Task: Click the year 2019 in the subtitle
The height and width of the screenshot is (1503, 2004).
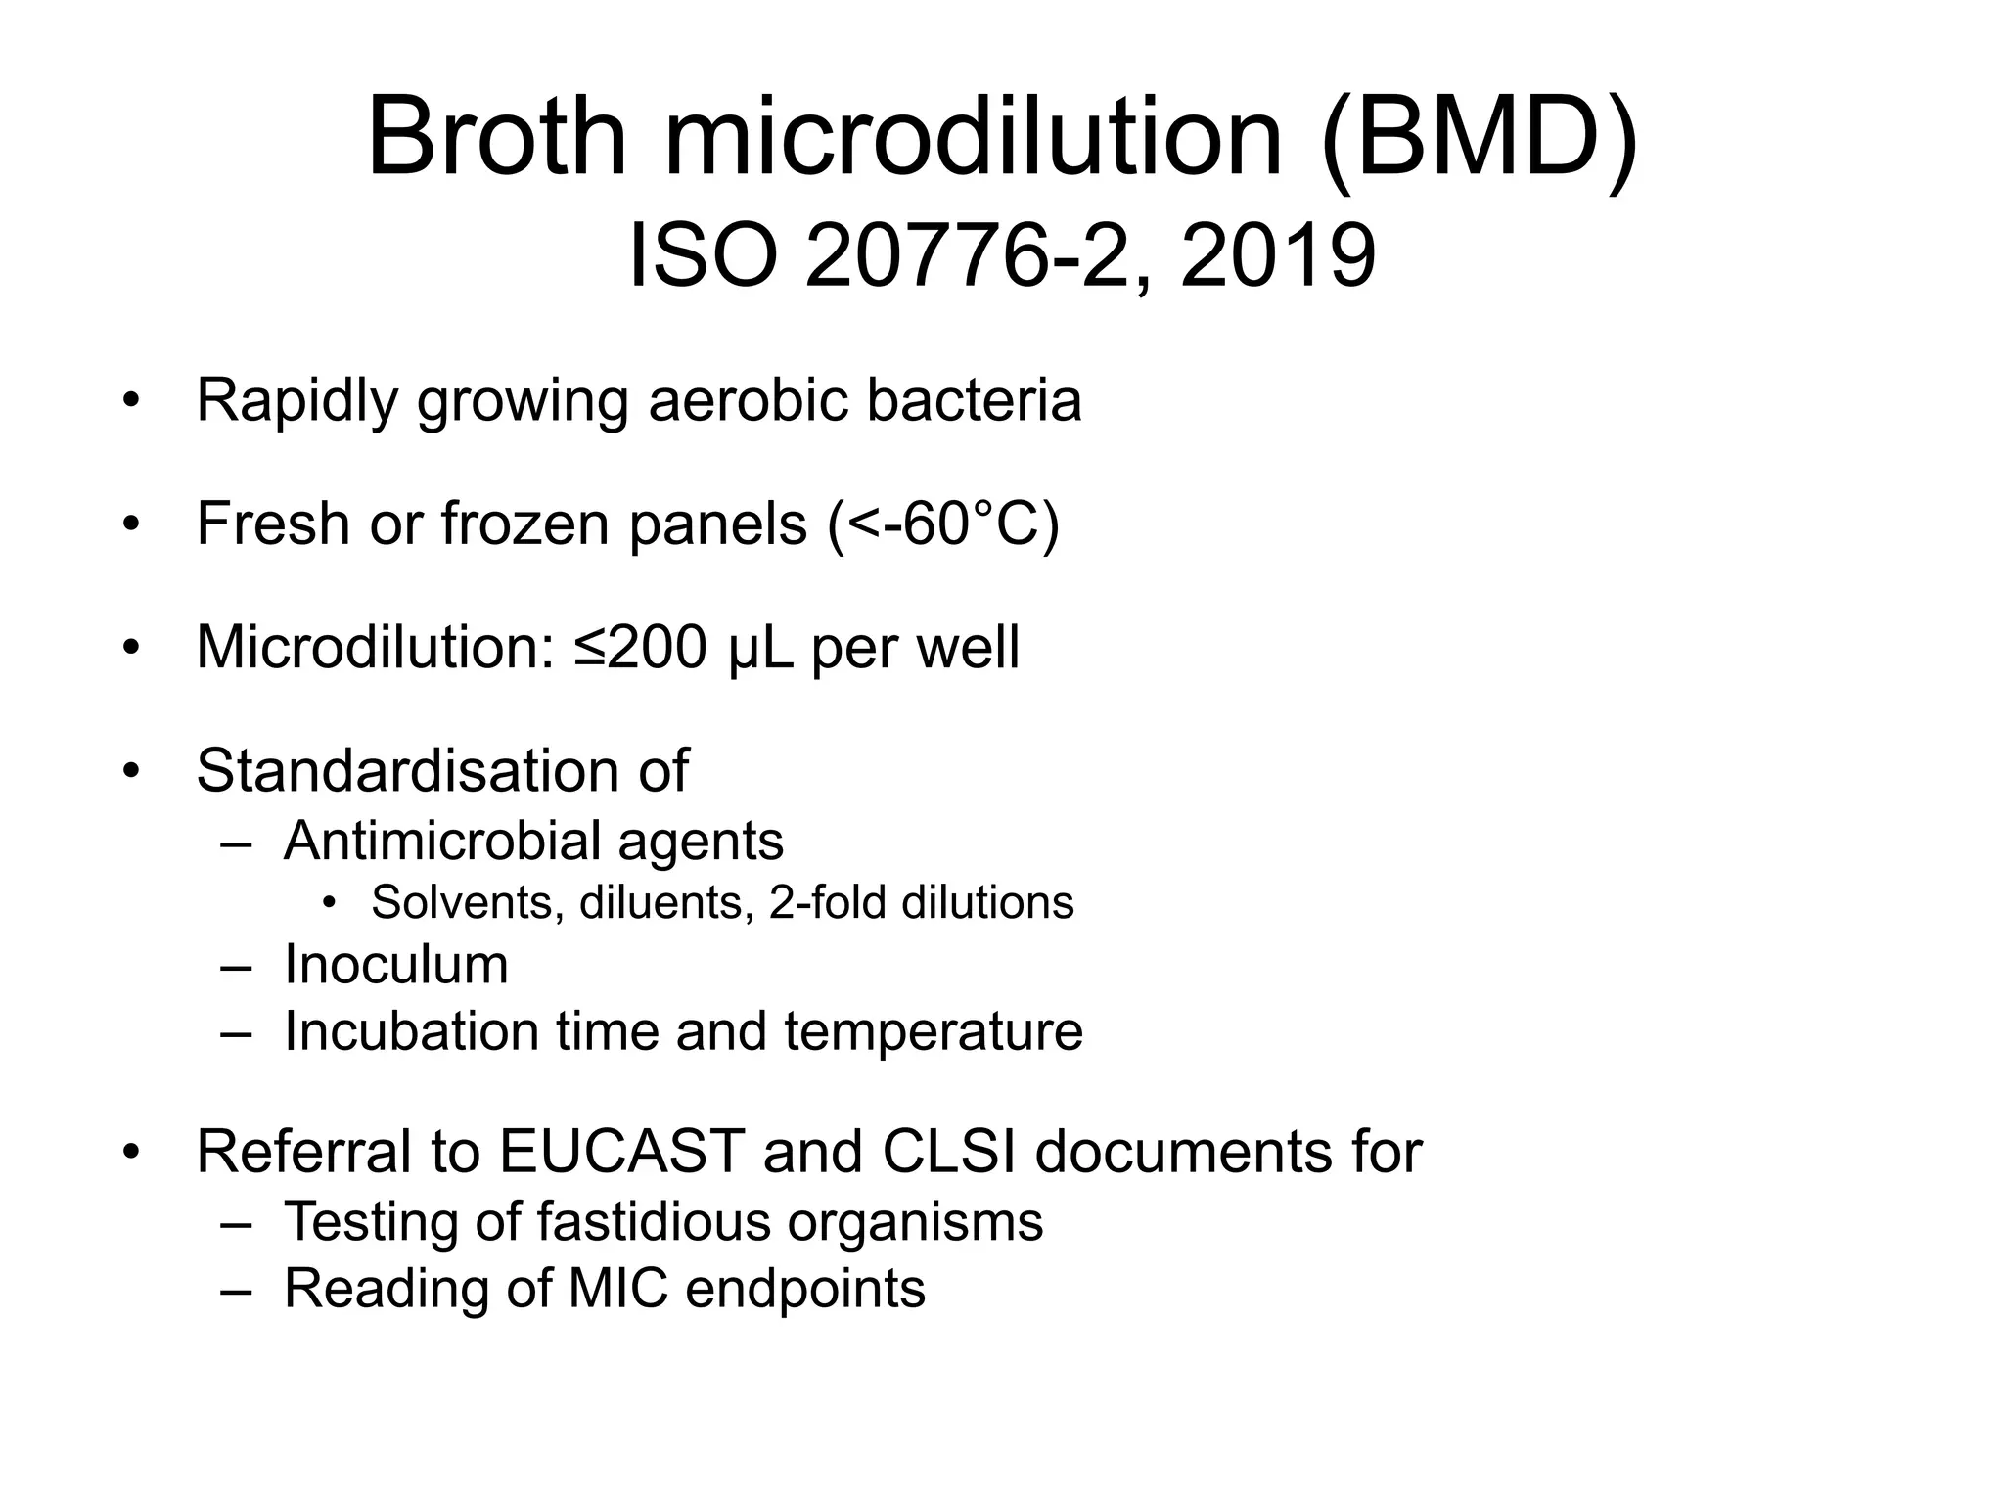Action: pos(1278,256)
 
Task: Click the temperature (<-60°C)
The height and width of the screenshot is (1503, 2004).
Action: pos(943,524)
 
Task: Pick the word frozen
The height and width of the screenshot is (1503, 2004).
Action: pos(526,524)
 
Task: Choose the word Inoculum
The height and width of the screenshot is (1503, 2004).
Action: pos(396,965)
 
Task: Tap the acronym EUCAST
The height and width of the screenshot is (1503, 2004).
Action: pos(622,1152)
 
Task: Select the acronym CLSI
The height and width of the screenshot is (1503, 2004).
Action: pos(950,1152)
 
